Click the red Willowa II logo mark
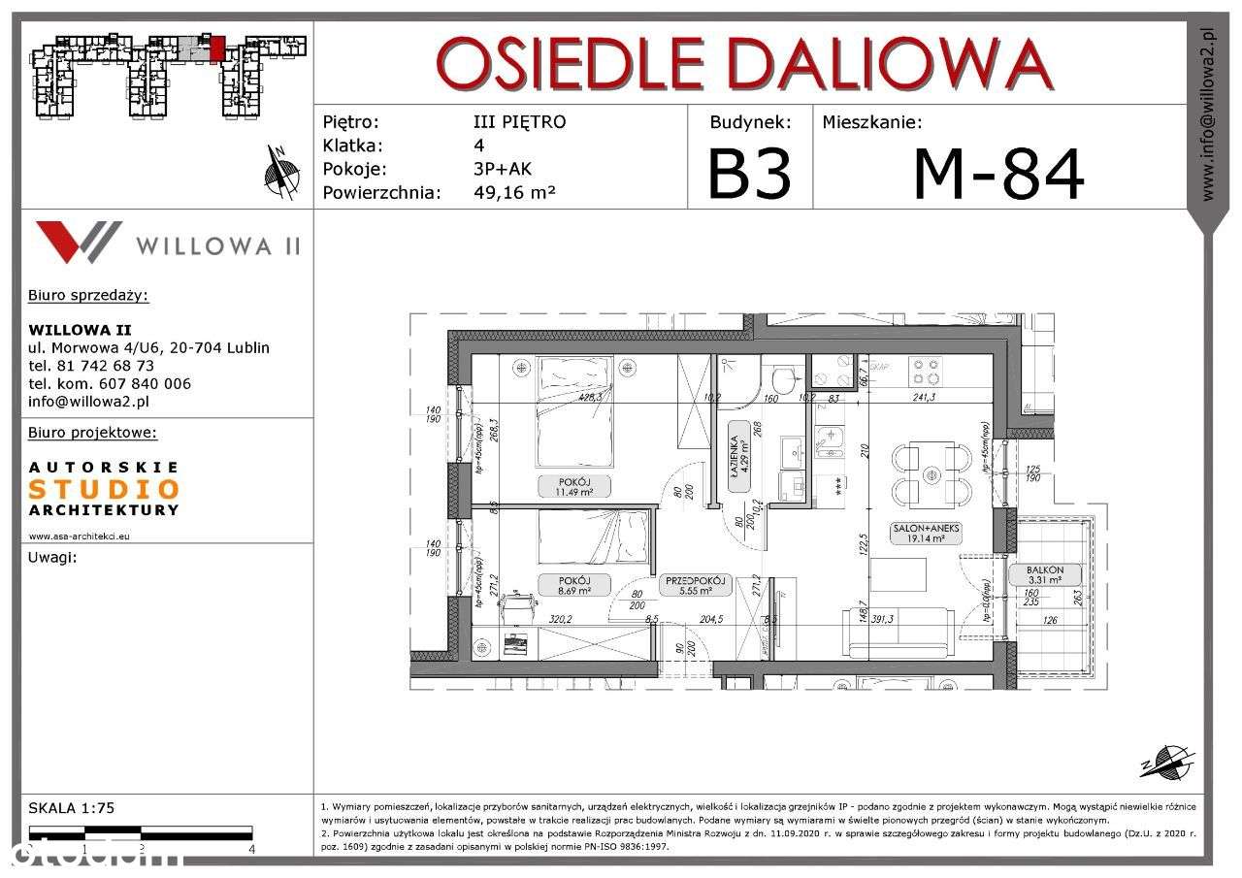pos(78,242)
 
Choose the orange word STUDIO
pos(104,490)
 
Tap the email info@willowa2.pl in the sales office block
pos(88,401)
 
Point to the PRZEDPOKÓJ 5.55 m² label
pos(695,585)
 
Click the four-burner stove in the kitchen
pos(924,370)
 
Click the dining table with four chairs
pos(931,474)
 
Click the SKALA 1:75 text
pos(72,807)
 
